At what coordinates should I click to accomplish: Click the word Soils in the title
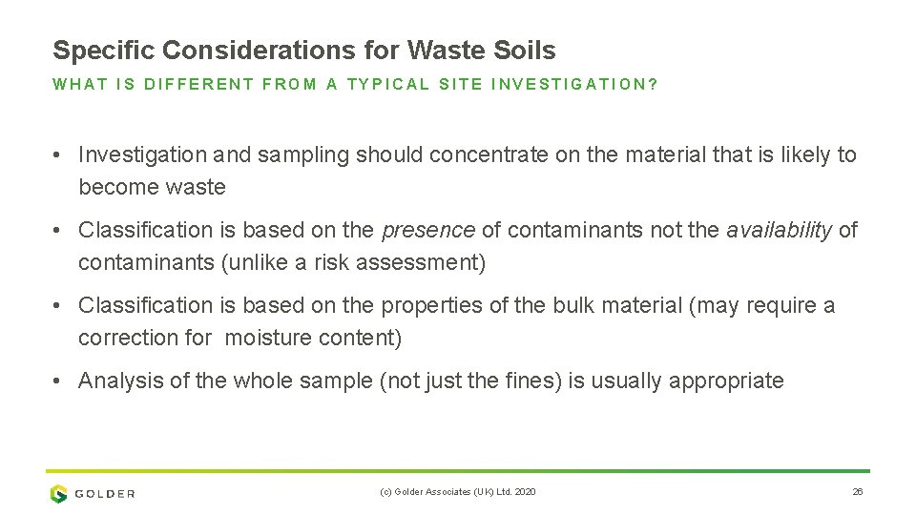click(x=526, y=51)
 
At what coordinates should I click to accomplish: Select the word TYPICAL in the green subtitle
click(x=389, y=84)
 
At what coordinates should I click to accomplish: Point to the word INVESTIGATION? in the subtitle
click(x=574, y=84)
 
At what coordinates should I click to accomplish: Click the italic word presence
click(x=427, y=230)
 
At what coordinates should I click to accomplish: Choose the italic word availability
click(x=779, y=230)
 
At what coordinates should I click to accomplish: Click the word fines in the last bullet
click(x=534, y=381)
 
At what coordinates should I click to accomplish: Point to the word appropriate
click(x=726, y=381)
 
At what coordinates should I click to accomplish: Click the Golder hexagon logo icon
click(x=59, y=493)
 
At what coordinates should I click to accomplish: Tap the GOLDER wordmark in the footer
click(x=106, y=494)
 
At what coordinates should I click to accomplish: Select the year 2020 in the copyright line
click(x=526, y=492)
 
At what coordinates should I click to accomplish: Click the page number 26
click(x=857, y=492)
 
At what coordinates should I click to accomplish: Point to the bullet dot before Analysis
click(x=59, y=381)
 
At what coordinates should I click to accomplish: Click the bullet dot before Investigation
click(x=59, y=154)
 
